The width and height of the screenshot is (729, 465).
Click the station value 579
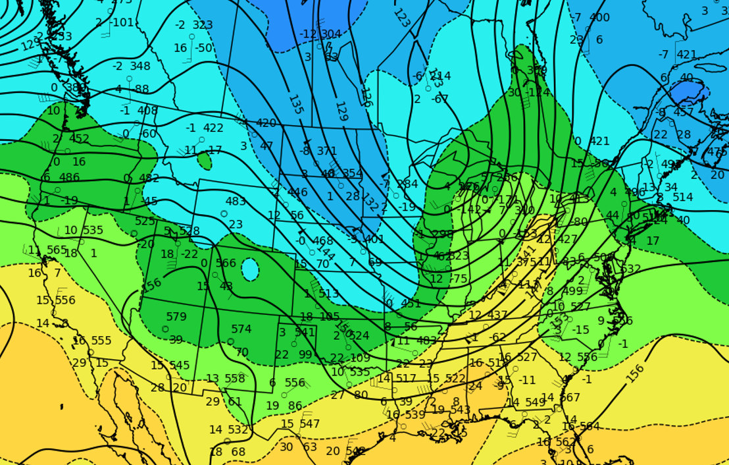[x=176, y=317]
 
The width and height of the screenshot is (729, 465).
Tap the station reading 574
[x=241, y=329]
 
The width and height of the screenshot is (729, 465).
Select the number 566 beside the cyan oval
[x=226, y=263]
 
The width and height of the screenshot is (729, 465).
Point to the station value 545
[x=179, y=365]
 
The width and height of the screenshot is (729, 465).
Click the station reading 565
[x=57, y=250]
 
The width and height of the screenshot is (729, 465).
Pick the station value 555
[x=101, y=341]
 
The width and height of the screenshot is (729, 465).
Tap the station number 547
[x=309, y=424]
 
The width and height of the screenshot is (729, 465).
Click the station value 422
[x=213, y=128]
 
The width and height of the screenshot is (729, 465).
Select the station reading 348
[x=140, y=66]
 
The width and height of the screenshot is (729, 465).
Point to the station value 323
[x=203, y=25]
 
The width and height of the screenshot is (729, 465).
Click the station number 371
[x=327, y=151]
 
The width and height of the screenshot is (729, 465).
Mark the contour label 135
[x=295, y=104]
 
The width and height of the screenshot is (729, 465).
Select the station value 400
[x=599, y=18]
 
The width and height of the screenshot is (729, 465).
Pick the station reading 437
[x=497, y=315]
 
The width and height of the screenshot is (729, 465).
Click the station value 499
[x=572, y=291]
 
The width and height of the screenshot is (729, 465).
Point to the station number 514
[x=683, y=197]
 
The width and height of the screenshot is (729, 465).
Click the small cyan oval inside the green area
[x=250, y=269]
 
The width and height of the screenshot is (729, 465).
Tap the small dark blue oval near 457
[x=687, y=92]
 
